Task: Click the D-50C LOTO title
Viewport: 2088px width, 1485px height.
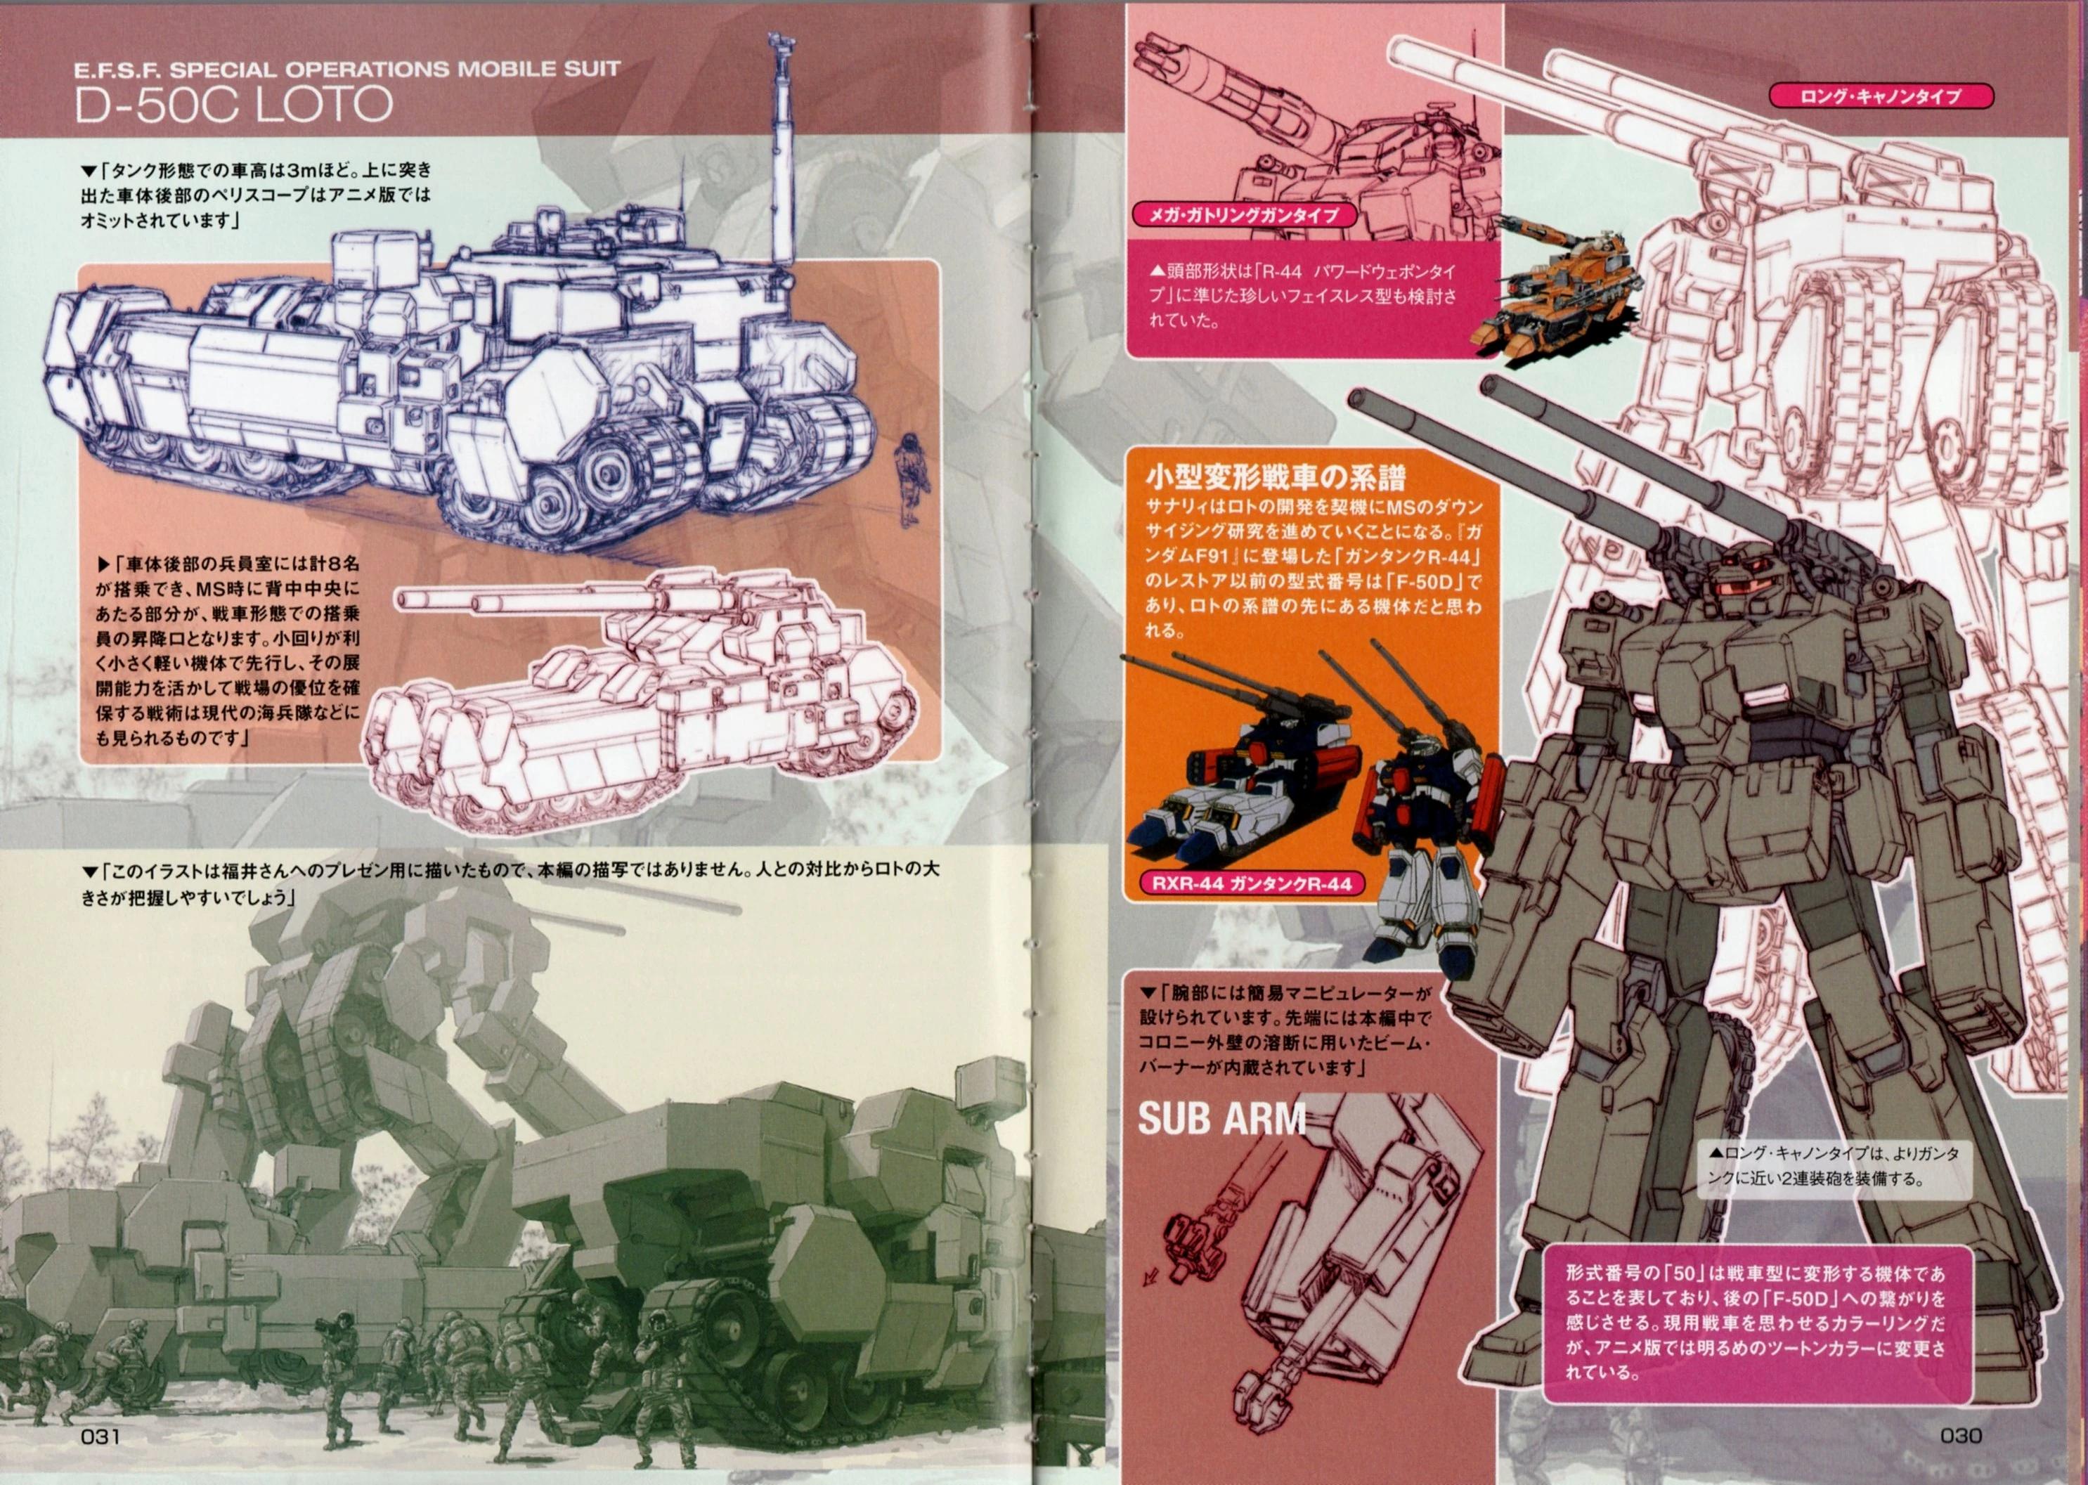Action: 233,105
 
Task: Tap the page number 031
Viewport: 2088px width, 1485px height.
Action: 100,1436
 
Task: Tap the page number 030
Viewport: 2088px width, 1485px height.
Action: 1961,1436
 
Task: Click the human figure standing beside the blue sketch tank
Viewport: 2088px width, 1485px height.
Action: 908,479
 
